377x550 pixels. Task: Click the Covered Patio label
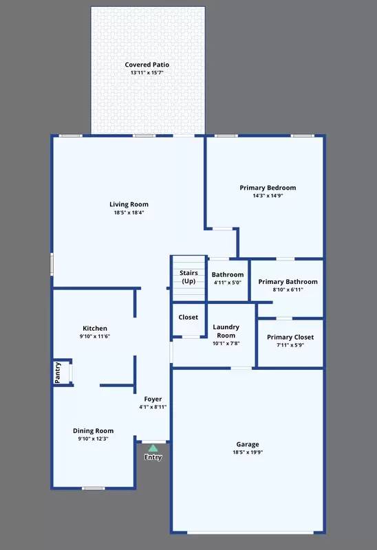[x=147, y=65]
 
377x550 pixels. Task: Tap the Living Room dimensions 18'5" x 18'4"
[x=129, y=213]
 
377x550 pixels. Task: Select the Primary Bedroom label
[x=268, y=188]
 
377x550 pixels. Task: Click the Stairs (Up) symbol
[x=188, y=278]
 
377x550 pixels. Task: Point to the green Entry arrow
[x=153, y=448]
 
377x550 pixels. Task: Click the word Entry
[x=153, y=457]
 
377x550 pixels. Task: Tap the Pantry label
[x=58, y=373]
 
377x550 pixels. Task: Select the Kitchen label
[x=95, y=329]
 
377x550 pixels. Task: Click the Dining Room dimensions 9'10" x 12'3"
[x=93, y=439]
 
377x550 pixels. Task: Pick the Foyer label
[x=153, y=399]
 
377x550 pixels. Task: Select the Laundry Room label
[x=226, y=331]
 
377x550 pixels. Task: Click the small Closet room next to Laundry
[x=188, y=318]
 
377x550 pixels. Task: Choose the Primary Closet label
[x=290, y=337]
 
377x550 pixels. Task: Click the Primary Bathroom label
[x=288, y=281]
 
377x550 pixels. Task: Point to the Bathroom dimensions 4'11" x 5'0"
[x=228, y=283]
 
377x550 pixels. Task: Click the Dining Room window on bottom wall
[x=93, y=488]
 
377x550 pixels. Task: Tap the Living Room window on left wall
[x=52, y=265]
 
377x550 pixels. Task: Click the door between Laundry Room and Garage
[x=241, y=368]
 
